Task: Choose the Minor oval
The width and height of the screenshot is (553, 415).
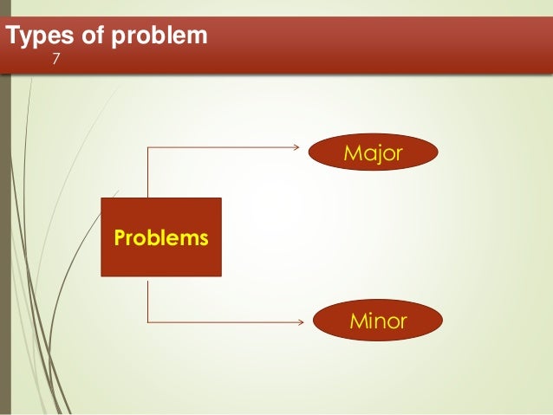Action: pos(377,321)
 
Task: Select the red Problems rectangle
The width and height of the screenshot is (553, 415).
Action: pos(160,237)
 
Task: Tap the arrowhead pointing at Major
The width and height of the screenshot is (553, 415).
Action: pos(303,147)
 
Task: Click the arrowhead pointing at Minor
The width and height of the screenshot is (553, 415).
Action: pos(303,321)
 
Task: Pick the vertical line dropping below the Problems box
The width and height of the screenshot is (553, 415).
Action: pos(148,300)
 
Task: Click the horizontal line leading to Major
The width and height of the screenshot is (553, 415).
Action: pos(225,147)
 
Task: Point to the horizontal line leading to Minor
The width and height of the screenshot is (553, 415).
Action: pos(225,321)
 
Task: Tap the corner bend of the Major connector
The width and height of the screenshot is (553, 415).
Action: pos(148,147)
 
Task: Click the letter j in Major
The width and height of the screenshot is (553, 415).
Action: pos(378,156)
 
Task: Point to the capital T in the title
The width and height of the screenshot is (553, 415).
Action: pos(12,37)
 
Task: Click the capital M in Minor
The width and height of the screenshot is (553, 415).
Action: pos(355,321)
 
